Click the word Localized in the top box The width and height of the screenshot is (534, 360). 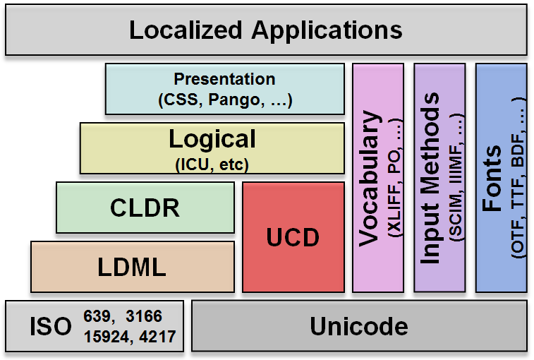186,30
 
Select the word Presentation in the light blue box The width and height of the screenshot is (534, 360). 224,80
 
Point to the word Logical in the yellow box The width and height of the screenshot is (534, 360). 212,140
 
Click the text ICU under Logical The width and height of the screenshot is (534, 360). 195,164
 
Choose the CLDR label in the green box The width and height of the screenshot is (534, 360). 145,208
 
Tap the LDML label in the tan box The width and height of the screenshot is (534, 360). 132,267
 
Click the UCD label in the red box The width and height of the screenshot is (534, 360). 293,237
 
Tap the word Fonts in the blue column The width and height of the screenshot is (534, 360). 492,179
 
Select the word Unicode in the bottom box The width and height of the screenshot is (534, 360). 359,327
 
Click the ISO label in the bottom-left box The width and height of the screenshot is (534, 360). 51,327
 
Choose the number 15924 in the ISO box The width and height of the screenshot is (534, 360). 107,337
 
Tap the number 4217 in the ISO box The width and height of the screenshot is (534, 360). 158,337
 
